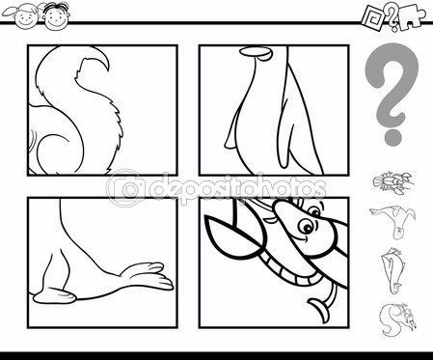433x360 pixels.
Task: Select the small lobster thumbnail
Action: [x=393, y=182]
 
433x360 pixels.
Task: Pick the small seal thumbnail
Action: [x=392, y=220]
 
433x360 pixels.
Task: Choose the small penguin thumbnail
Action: [x=392, y=269]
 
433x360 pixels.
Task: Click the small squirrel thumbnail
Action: [x=397, y=319]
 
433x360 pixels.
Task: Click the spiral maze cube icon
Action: [x=374, y=18]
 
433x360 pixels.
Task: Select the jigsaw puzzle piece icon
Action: [x=413, y=20]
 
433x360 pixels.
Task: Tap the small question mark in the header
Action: [x=392, y=16]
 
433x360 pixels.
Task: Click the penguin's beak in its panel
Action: [x=257, y=53]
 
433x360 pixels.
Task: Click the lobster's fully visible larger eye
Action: [x=306, y=226]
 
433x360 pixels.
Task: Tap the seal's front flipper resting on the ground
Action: [x=55, y=297]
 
